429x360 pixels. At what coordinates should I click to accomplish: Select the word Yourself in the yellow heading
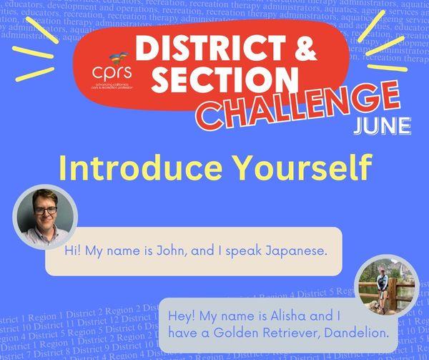coord(299,168)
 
